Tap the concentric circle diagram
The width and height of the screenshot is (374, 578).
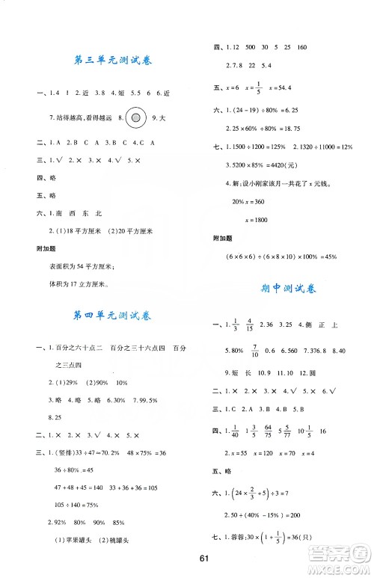click(x=135, y=117)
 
